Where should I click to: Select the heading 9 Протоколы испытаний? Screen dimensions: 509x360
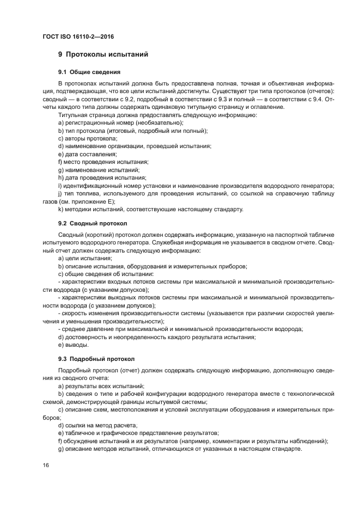click(103, 55)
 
